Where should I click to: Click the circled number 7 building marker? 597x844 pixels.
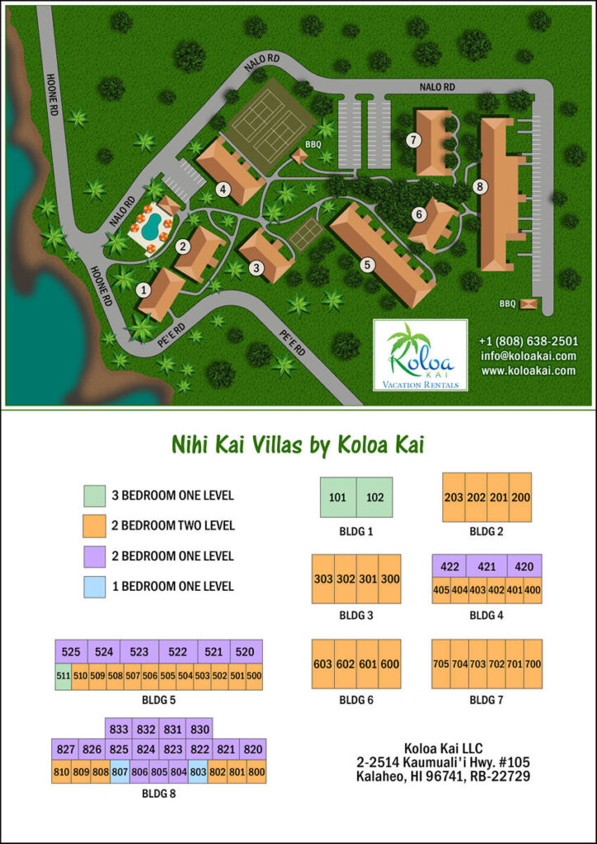click(412, 140)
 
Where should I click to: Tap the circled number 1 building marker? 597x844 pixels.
click(144, 289)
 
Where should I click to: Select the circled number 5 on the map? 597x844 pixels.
click(367, 265)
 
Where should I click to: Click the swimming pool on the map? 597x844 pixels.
click(148, 225)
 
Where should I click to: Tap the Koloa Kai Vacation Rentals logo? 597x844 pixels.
click(421, 355)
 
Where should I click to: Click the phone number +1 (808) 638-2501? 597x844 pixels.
click(529, 341)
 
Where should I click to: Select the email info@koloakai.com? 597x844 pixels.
click(529, 356)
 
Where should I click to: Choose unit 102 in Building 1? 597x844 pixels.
click(374, 498)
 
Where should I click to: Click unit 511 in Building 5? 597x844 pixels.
click(63, 676)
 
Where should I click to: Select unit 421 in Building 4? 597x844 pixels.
click(487, 566)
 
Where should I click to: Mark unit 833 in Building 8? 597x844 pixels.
click(120, 729)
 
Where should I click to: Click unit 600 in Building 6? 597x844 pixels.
click(390, 664)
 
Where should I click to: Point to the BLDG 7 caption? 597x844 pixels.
click(487, 701)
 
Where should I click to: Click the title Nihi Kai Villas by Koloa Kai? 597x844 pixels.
click(298, 446)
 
